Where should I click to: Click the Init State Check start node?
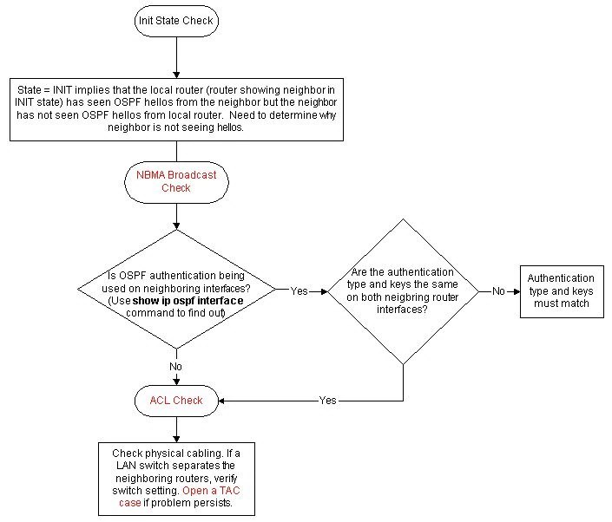(x=176, y=19)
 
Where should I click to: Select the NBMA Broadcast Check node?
(x=176, y=181)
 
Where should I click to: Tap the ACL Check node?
(x=176, y=401)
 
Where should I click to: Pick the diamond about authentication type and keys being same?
(x=403, y=290)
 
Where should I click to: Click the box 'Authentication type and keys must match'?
(x=561, y=291)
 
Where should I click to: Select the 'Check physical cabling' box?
(x=176, y=478)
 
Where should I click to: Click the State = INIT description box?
(x=176, y=108)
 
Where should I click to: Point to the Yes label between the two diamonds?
(x=299, y=291)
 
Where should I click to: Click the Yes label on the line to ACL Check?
(x=328, y=401)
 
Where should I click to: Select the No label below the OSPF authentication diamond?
(x=176, y=367)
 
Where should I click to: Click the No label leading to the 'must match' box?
(x=498, y=291)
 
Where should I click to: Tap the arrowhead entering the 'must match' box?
(x=516, y=291)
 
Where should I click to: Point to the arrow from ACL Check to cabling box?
(x=176, y=428)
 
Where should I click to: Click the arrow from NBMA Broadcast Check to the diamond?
(x=176, y=215)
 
